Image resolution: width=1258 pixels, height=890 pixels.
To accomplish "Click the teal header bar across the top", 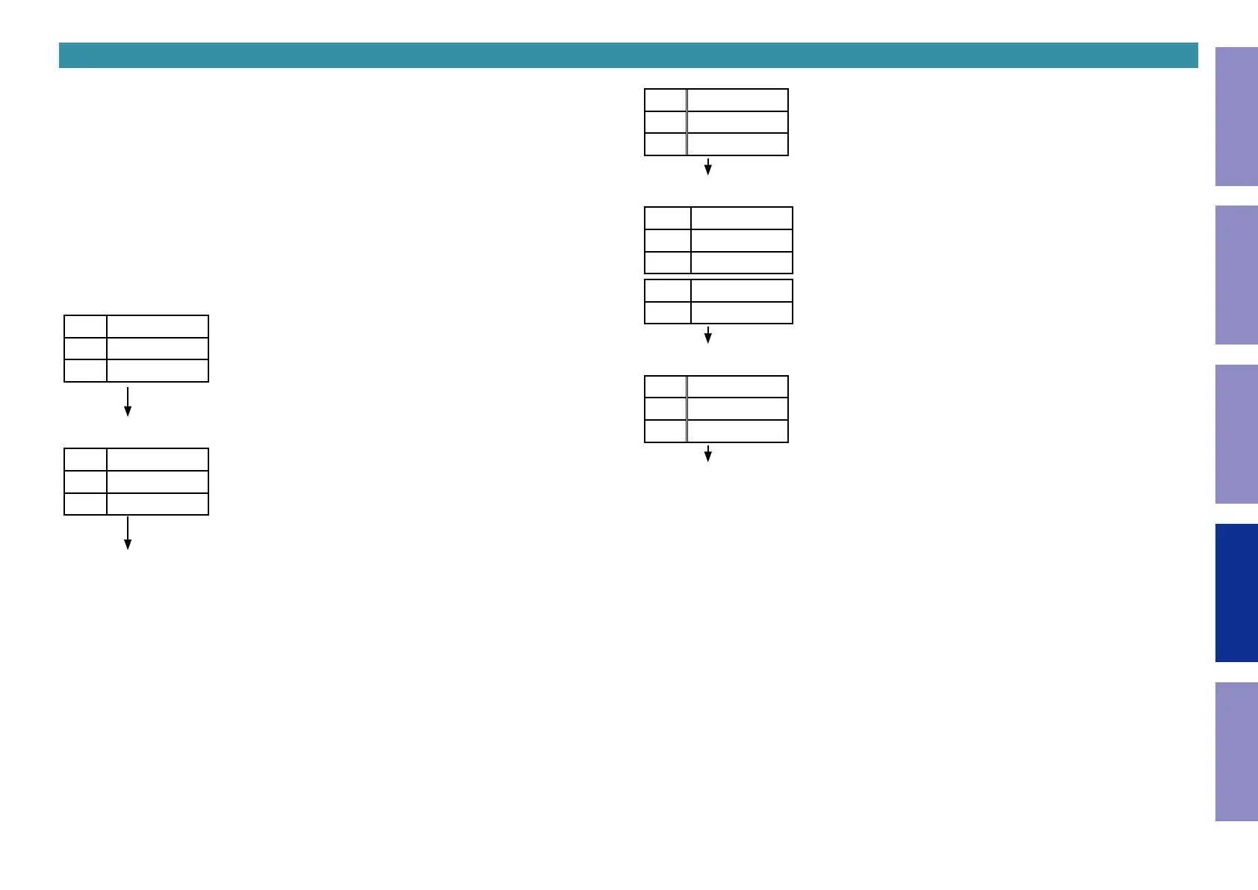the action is coord(628,55).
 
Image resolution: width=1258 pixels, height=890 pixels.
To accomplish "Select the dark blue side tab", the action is coord(1236,593).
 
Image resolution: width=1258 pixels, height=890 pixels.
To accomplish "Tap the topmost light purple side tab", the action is coord(1236,117).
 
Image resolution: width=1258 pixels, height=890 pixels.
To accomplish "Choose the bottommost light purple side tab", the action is coord(1236,751).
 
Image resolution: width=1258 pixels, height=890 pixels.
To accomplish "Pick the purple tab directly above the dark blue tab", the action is coord(1236,433).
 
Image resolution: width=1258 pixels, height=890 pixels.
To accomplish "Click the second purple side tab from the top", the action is coord(1236,275).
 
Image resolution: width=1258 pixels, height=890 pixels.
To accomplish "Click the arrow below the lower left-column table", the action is coord(128,534).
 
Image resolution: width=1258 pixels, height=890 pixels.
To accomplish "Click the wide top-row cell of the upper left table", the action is coord(158,327).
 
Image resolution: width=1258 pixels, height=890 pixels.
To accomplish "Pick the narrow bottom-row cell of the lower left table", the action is coord(85,504).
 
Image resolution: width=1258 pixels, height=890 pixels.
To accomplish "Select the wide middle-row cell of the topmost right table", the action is coord(737,122).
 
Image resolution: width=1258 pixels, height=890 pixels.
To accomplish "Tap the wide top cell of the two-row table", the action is coord(741,291).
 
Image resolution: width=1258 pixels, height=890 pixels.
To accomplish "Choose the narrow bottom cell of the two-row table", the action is coord(667,312).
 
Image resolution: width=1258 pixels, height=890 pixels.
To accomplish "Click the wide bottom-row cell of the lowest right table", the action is coord(737,431).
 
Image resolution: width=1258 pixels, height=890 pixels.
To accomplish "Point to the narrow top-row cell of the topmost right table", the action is coord(665,100).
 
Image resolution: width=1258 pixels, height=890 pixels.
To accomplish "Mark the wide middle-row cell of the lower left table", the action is coord(158,482).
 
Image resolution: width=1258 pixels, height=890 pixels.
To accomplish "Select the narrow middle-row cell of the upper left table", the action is coord(85,348).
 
